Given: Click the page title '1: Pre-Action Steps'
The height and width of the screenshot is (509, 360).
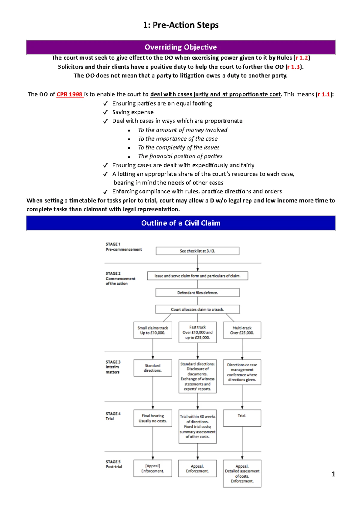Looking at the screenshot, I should pyautogui.click(x=181, y=25).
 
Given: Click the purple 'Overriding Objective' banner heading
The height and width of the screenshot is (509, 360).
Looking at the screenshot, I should pyautogui.click(x=181, y=47).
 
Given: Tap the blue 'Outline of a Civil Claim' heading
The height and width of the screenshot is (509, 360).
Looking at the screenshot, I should pyautogui.click(x=181, y=223).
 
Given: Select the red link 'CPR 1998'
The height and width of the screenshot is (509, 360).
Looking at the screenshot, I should pyautogui.click(x=69, y=94).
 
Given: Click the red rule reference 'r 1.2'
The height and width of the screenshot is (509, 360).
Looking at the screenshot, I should pyautogui.click(x=301, y=58).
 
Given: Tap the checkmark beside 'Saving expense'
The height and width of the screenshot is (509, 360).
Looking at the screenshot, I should pyautogui.click(x=105, y=112).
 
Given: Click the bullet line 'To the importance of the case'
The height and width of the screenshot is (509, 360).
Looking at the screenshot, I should pyautogui.click(x=178, y=139).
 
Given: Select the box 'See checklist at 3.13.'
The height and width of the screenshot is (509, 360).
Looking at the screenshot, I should pyautogui.click(x=197, y=251).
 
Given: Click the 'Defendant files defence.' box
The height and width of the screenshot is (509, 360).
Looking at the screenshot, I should pyautogui.click(x=197, y=293).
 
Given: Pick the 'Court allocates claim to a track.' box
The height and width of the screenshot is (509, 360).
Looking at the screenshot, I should pyautogui.click(x=197, y=309).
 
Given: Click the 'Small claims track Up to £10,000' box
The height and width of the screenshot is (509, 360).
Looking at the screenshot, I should pyautogui.click(x=153, y=330).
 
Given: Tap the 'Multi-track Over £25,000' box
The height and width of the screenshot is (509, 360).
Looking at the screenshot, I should pyautogui.click(x=242, y=330).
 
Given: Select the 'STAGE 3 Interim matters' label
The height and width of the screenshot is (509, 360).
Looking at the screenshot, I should pyautogui.click(x=113, y=367).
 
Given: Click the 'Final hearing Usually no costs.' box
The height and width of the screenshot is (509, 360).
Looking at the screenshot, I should pyautogui.click(x=153, y=418).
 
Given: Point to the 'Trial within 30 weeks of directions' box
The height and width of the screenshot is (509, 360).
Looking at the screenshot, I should pyautogui.click(x=197, y=426).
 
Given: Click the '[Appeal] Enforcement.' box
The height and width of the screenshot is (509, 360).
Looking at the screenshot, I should pyautogui.click(x=153, y=468).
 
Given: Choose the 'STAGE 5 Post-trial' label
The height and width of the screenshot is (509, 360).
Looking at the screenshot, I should pyautogui.click(x=114, y=464).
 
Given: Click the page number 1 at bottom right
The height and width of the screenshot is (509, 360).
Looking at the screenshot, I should pyautogui.click(x=333, y=474).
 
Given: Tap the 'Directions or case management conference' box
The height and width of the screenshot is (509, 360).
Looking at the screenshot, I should pyautogui.click(x=242, y=372).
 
